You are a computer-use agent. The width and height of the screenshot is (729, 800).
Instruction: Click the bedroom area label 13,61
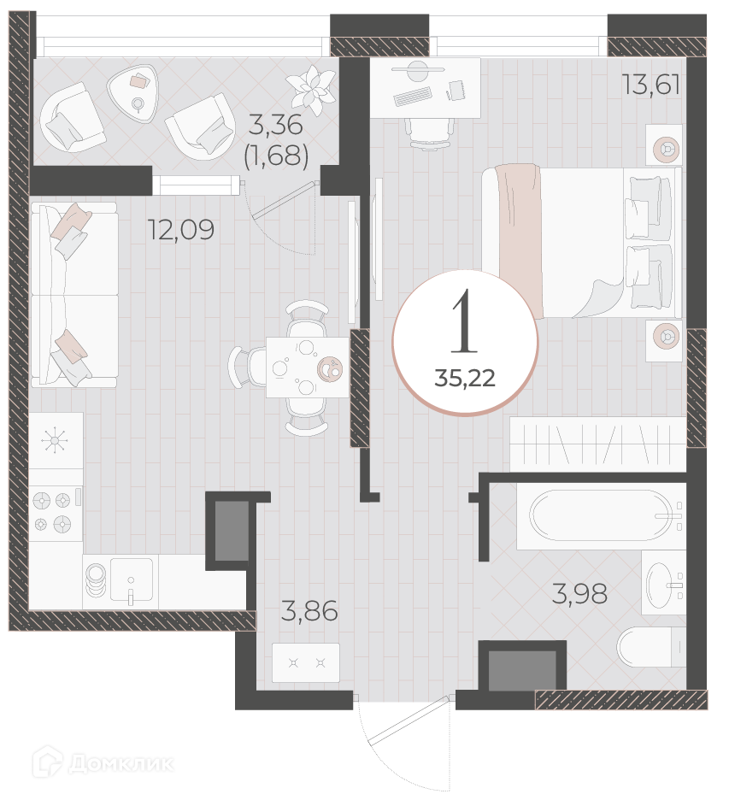651,85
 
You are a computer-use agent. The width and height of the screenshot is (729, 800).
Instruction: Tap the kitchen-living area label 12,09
180,230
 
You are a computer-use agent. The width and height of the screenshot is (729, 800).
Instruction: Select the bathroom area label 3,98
579,594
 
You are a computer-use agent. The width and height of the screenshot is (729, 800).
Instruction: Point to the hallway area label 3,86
309,611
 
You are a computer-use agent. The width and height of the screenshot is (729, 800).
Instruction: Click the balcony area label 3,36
275,125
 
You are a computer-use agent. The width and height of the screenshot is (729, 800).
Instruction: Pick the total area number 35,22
465,379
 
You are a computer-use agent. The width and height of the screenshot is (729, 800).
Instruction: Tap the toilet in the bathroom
651,646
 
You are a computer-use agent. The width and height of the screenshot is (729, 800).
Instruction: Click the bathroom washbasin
664,582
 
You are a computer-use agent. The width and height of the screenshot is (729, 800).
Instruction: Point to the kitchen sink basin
131,581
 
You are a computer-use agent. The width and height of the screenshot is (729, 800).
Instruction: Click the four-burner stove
56,512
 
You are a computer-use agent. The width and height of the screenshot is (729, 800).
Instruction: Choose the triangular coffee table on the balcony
131,93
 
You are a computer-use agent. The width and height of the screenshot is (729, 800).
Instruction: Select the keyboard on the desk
413,97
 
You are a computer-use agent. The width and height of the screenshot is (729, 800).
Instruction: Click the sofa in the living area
74,294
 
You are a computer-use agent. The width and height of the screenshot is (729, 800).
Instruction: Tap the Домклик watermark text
121,764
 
